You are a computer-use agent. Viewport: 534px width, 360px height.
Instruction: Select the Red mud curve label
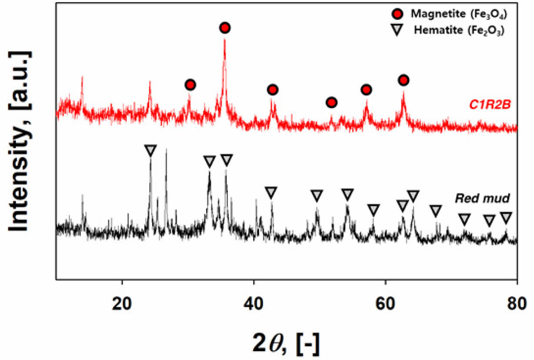482,199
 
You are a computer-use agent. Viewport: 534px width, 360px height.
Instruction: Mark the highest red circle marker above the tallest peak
225,28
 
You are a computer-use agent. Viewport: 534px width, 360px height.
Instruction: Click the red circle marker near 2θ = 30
190,85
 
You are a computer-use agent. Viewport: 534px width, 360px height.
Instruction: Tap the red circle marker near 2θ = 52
331,103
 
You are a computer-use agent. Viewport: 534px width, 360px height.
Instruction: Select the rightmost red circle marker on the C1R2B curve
404,80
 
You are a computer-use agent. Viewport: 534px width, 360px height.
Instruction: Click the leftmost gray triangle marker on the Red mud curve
150,150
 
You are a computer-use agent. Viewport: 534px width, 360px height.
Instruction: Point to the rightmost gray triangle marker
506,217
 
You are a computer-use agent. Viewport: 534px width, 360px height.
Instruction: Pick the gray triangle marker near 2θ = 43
271,192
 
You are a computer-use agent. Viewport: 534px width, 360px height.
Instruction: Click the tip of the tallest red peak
224,39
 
